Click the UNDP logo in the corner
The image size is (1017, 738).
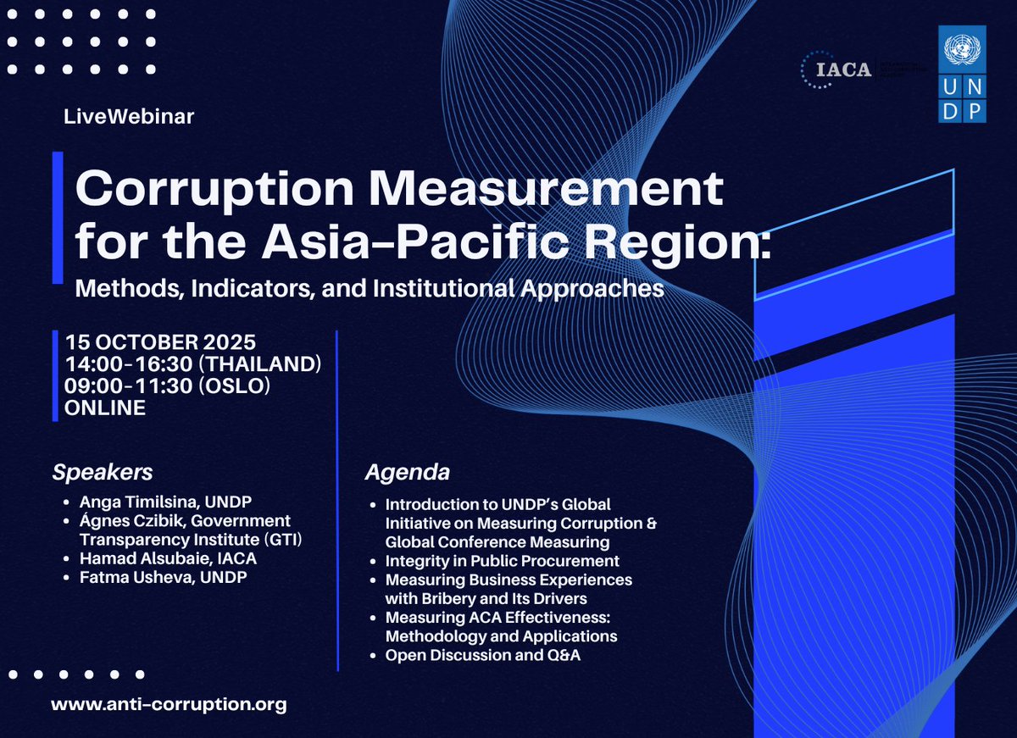tap(961, 75)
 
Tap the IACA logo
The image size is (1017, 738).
tap(838, 69)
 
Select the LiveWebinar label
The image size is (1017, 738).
tap(129, 117)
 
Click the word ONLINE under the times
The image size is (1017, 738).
tap(105, 408)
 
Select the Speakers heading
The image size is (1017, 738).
tap(103, 471)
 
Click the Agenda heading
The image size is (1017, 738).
tap(408, 472)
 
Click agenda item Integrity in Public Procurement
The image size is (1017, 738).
tap(502, 561)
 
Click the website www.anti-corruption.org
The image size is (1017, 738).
tap(169, 704)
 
